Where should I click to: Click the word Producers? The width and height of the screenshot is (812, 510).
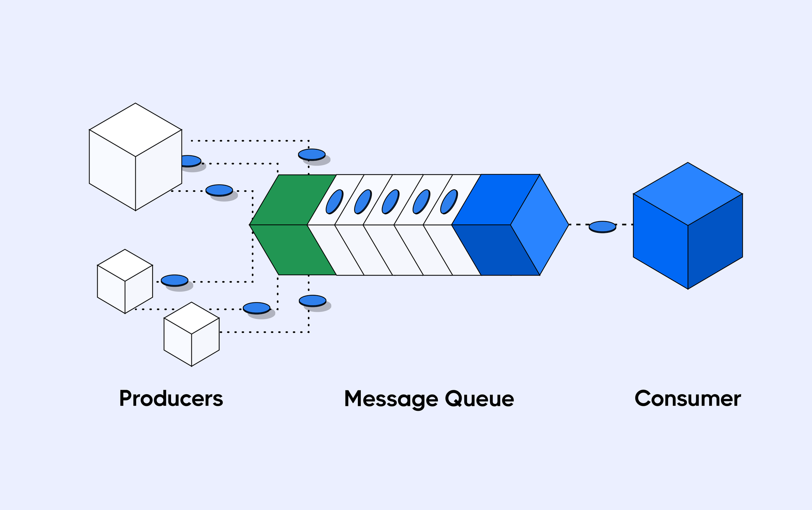click(x=171, y=399)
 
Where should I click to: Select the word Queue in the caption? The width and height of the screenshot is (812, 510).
click(x=480, y=399)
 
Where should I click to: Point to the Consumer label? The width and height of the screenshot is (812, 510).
click(x=688, y=399)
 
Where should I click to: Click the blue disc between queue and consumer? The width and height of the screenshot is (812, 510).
click(x=602, y=226)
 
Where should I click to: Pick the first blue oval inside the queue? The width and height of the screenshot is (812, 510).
click(x=334, y=202)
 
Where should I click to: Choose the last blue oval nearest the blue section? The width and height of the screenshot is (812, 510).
click(x=449, y=202)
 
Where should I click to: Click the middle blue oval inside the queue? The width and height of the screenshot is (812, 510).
click(x=391, y=202)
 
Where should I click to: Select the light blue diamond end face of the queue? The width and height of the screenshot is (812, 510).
click(x=540, y=225)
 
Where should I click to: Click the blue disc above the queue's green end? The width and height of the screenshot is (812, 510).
click(x=312, y=154)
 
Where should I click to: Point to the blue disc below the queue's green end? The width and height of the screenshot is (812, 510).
click(x=312, y=301)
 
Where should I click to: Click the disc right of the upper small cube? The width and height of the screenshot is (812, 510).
click(x=174, y=280)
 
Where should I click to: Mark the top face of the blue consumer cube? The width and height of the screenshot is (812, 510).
click(x=688, y=194)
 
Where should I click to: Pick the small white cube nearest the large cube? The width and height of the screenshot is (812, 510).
click(x=125, y=281)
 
